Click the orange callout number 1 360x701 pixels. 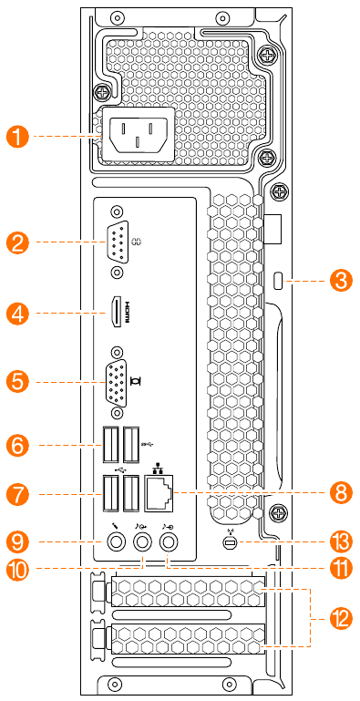tap(19, 138)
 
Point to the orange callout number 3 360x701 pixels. tap(341, 281)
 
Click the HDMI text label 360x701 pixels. tap(128, 312)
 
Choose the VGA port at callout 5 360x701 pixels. tap(117, 383)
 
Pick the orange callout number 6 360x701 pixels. tap(19, 445)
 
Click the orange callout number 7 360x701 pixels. tap(19, 494)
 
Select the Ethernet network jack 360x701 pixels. tap(159, 495)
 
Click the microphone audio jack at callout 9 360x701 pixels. tap(117, 542)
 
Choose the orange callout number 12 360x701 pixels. tap(341, 619)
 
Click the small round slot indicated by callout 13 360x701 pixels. tap(230, 542)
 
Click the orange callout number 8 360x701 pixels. tap(341, 494)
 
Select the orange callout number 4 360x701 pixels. tap(19, 313)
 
